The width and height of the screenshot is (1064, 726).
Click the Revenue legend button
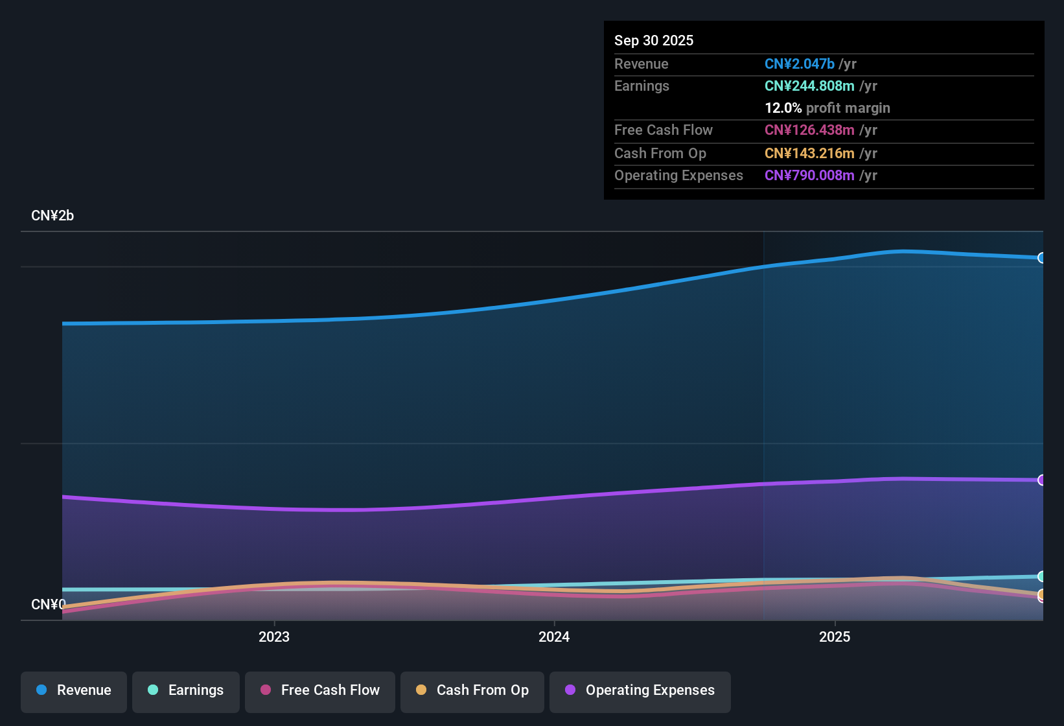74,691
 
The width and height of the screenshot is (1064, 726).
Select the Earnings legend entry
186,691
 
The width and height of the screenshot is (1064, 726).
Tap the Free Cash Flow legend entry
320,691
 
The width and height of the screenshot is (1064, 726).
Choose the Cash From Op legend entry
472,691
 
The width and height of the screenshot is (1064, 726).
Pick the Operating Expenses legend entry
640,691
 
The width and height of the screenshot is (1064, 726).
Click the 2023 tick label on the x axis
274,637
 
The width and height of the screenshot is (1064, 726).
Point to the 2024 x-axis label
554,637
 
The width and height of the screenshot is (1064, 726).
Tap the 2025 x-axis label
835,637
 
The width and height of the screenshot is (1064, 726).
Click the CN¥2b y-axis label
52,216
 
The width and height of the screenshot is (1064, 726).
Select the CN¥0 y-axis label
48,605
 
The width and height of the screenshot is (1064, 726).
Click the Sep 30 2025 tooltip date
654,41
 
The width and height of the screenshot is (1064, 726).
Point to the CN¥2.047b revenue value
799,64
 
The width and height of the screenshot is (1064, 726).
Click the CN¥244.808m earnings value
809,86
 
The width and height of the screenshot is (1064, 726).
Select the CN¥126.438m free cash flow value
809,130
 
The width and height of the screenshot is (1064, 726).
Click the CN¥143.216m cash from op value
809,154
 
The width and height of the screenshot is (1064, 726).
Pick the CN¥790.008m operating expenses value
809,176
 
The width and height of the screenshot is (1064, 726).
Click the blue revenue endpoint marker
1041,258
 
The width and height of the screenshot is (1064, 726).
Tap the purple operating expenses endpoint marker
1041,480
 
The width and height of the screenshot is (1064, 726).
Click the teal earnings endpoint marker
1041,576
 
